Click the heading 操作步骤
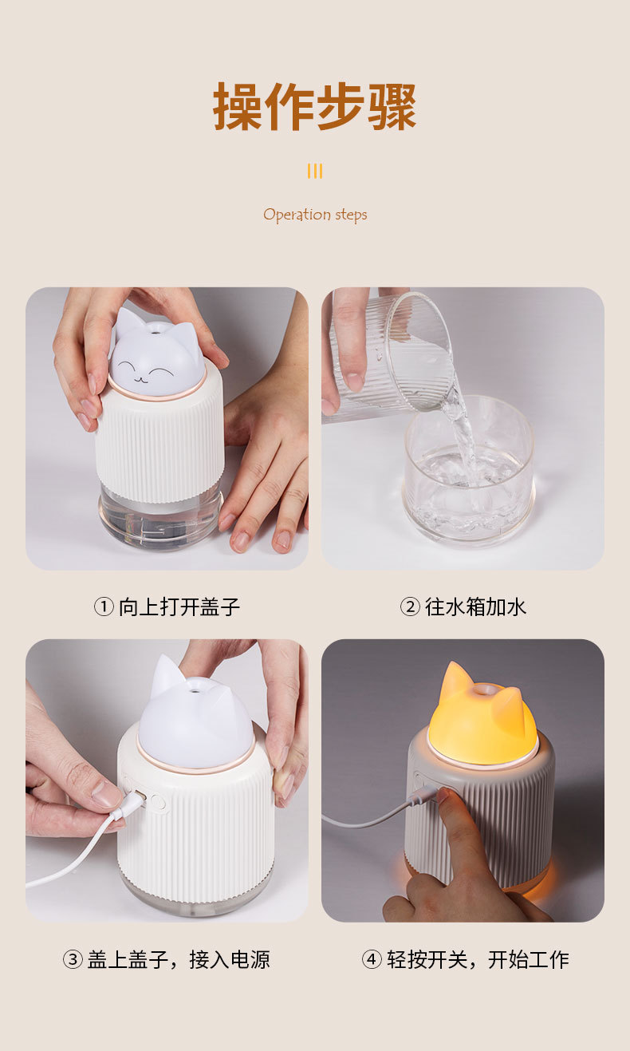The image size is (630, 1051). [x=314, y=106]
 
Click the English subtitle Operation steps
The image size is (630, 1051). [x=315, y=215]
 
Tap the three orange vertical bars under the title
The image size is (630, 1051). [x=315, y=171]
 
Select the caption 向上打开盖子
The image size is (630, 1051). [x=179, y=607]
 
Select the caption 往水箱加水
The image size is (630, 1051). [x=476, y=607]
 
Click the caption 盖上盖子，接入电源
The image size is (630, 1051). [x=179, y=959]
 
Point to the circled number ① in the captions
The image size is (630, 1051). [x=104, y=607]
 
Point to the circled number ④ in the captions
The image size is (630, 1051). [x=372, y=959]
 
